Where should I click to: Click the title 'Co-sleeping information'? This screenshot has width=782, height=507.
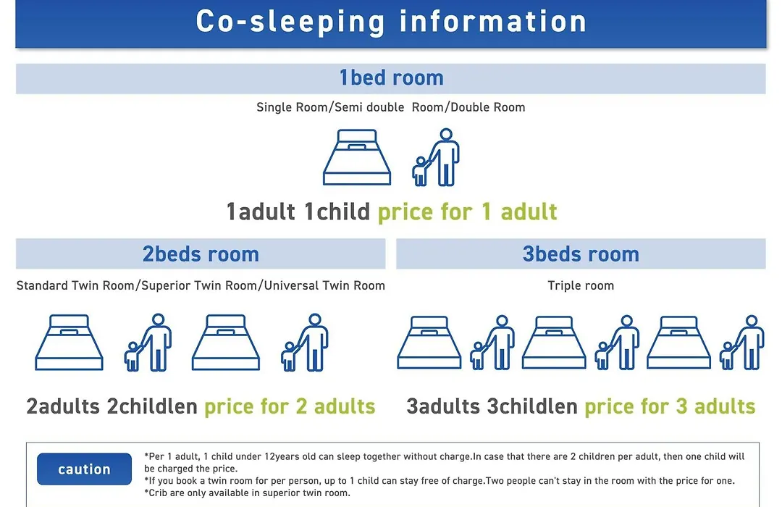pos(391,22)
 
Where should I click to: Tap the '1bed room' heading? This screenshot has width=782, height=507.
pos(391,77)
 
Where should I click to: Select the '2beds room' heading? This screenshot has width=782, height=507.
pos(201,254)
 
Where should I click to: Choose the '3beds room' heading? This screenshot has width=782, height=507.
pos(581,254)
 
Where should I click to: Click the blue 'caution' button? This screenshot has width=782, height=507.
pos(84,469)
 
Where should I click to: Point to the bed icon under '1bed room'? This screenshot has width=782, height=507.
pos(357,157)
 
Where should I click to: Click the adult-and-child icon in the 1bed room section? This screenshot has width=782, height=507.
pos(436,157)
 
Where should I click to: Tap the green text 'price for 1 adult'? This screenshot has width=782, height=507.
pos(467,212)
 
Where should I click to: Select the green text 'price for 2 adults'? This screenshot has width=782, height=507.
pos(290,407)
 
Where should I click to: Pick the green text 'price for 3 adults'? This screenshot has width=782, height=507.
pos(670,407)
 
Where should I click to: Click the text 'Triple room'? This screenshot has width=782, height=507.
pos(581,285)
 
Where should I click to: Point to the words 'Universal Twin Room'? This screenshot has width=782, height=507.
pos(324,285)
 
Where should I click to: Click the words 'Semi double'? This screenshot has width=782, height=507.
pos(369,107)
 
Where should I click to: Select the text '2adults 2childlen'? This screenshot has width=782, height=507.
pos(112,407)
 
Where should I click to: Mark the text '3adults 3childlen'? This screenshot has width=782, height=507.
pos(492,407)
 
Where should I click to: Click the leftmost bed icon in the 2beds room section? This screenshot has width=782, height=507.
pos(70,343)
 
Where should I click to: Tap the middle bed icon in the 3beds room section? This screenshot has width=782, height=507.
pos(554,343)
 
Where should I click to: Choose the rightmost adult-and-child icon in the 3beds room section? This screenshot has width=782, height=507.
pos(742,343)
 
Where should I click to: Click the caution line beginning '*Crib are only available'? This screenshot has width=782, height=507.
pos(248,493)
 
